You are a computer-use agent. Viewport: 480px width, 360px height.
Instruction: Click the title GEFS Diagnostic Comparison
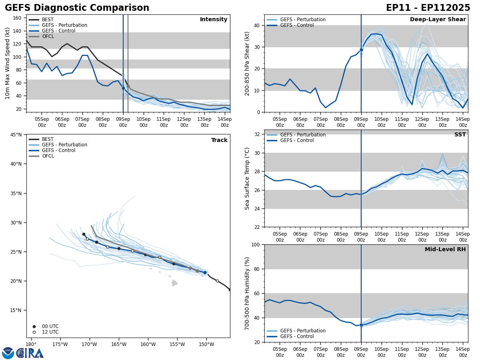pos(77,8)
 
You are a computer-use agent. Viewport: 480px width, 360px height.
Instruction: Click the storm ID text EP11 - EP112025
pos(428,8)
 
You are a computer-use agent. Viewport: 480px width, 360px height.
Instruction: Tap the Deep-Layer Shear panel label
pos(438,20)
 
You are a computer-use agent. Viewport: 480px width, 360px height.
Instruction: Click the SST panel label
pos(460,135)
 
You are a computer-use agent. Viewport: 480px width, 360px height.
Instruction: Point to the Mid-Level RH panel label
pos(445,250)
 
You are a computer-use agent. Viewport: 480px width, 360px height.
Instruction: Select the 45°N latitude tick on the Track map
pos(16,134)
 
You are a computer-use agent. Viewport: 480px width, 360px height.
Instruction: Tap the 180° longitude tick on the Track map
pos(31,344)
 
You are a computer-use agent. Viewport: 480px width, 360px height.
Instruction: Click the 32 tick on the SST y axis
pos(258,134)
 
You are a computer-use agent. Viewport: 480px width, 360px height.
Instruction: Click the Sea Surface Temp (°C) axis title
pos(247,178)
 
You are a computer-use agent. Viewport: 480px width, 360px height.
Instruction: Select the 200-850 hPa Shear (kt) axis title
pos(247,64)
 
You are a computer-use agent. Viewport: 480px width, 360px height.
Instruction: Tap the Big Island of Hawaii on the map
pos(174,283)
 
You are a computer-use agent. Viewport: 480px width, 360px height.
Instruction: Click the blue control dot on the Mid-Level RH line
pos(361,325)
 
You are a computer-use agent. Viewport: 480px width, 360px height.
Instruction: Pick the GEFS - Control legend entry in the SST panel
pos(297,140)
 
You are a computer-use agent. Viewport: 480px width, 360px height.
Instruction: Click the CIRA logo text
pos(30,353)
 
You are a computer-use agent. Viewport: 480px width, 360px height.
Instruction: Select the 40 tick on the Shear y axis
pos(256,26)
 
